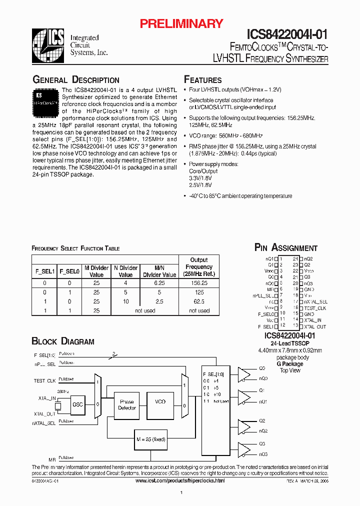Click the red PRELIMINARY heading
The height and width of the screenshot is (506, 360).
point(181,23)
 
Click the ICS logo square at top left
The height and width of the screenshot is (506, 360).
point(48,44)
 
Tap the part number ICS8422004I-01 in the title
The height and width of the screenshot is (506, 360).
point(287,34)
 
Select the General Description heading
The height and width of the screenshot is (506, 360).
point(76,80)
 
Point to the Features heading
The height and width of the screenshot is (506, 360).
point(203,80)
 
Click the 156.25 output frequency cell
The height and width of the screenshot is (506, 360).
point(199,282)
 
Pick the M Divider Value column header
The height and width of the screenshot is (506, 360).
point(96,271)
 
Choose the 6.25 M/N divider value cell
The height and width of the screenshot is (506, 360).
point(159,282)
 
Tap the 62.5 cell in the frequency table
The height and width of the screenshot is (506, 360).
point(199,301)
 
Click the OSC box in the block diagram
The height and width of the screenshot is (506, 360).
point(78,404)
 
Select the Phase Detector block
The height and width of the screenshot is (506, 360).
point(127,404)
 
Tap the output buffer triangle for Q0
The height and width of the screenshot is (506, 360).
point(244,373)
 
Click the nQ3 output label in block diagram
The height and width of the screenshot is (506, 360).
point(263,454)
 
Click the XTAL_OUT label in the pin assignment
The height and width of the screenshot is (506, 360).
point(314,326)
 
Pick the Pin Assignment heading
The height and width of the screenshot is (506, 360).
point(286,248)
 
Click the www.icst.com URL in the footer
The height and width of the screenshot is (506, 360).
point(180,480)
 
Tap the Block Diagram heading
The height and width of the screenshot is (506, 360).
point(63,341)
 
